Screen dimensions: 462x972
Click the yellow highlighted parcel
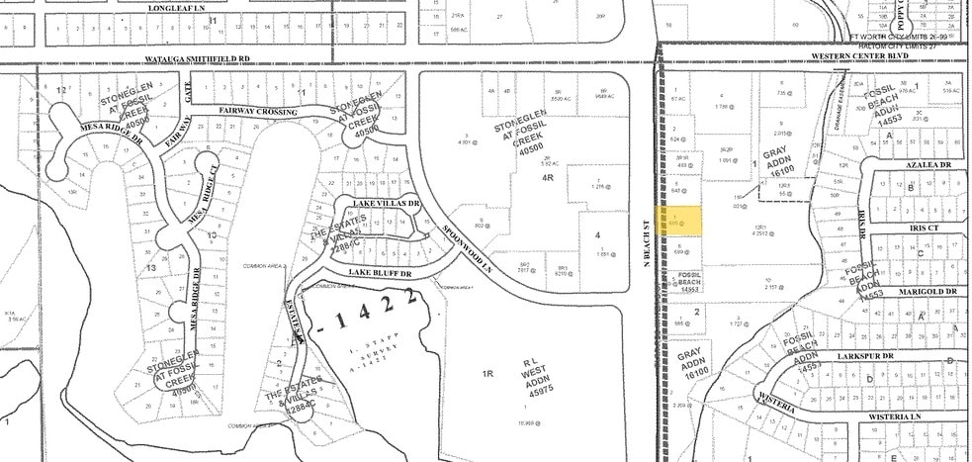tap(686, 220)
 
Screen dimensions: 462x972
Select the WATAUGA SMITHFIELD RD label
tap(193, 60)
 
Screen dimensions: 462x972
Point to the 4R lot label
tap(547, 178)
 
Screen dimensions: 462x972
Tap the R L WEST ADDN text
tap(534, 379)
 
